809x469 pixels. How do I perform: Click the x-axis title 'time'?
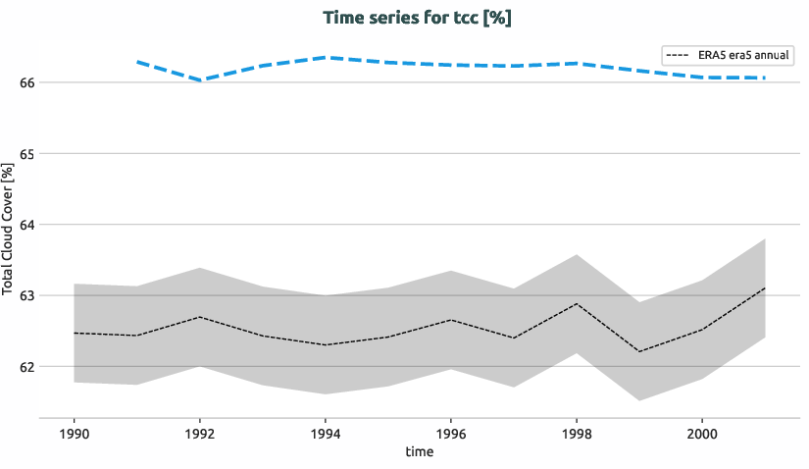coord(419,452)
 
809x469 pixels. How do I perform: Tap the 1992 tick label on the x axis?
coord(200,433)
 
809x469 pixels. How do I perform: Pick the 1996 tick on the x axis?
coord(450,433)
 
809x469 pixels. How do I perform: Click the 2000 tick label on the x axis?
coord(701,433)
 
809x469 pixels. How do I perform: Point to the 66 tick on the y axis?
coord(27,82)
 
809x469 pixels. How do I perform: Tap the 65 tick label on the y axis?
coord(27,154)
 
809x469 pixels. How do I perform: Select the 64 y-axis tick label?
coord(27,225)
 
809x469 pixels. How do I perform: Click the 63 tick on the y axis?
coord(27,295)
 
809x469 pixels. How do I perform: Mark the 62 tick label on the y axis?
coord(27,367)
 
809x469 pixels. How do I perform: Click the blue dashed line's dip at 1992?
coord(200,80)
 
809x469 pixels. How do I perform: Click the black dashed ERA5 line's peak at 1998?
coord(576,304)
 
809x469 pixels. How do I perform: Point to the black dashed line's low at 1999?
coord(638,351)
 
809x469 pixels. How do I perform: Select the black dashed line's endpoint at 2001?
coord(764,288)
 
